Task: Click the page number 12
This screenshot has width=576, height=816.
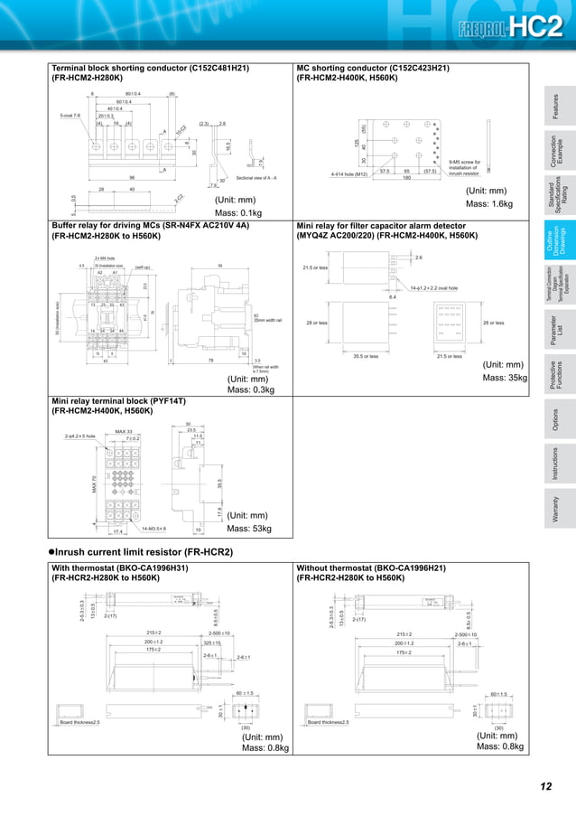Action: [544, 786]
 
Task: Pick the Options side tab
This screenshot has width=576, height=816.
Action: [556, 419]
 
